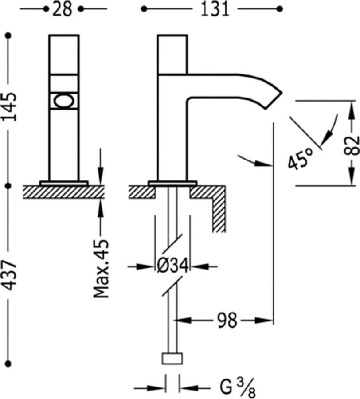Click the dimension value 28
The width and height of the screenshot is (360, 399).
click(x=63, y=9)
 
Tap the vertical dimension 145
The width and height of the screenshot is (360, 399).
click(x=10, y=106)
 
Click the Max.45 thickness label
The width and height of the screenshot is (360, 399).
click(x=101, y=268)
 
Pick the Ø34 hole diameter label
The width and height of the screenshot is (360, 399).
click(x=173, y=266)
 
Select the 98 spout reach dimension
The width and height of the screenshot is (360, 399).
click(x=227, y=319)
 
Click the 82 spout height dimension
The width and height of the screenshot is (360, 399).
click(x=352, y=144)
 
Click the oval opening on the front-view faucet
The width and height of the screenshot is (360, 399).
click(x=64, y=101)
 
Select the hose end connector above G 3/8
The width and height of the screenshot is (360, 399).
click(x=172, y=358)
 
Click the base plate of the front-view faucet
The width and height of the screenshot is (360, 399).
click(x=64, y=183)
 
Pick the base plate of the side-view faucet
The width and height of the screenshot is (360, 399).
click(x=172, y=183)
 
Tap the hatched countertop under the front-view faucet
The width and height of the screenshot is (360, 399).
click(x=64, y=192)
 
